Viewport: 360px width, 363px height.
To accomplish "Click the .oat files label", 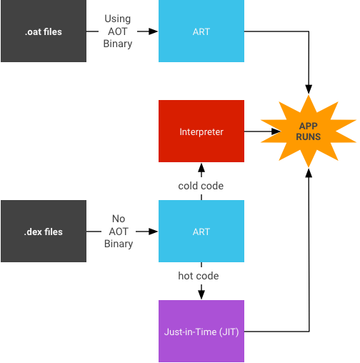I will click(43, 32).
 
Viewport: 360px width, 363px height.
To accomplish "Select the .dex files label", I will click(43, 232).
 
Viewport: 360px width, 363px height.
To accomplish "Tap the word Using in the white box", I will click(119, 19).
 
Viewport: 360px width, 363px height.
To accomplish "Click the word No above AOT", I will click(119, 219).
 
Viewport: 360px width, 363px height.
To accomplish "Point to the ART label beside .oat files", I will click(201, 32).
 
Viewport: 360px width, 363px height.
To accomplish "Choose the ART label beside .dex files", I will click(201, 232).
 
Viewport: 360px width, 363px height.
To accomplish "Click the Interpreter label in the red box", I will click(201, 131).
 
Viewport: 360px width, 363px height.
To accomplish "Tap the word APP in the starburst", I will click(309, 125).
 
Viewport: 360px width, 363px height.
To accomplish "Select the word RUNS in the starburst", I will click(309, 136).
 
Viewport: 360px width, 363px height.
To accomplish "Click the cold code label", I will click(201, 186).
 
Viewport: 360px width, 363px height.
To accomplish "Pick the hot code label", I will click(199, 276).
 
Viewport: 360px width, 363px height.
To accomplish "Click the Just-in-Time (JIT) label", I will click(201, 332).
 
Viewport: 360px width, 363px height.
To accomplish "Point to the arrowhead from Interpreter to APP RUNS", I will click(275, 131).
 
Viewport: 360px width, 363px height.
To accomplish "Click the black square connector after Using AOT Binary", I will click(153, 31).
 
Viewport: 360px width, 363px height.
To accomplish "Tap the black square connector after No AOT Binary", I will click(153, 232).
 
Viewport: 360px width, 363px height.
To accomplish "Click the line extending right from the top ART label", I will click(300, 31).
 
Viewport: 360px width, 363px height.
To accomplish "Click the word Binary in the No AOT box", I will click(119, 244).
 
